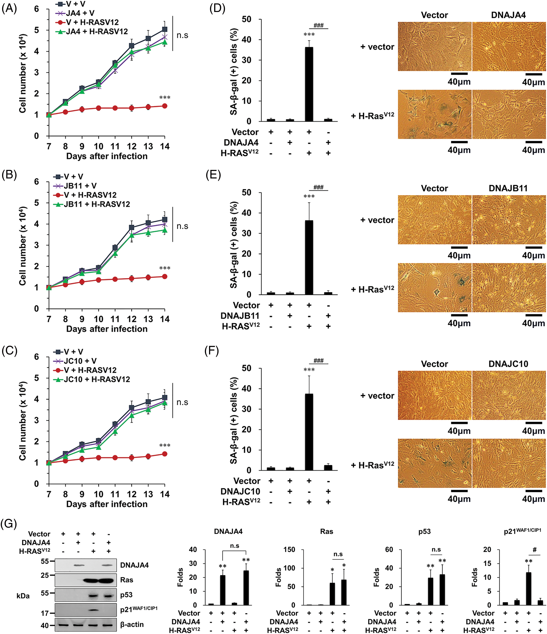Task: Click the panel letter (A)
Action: (x=9, y=8)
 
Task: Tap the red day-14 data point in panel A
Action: (x=164, y=106)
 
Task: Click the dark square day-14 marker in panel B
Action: (x=164, y=219)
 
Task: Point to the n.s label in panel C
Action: (x=182, y=402)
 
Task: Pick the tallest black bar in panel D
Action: (x=309, y=84)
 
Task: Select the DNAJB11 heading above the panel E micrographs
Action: (x=508, y=188)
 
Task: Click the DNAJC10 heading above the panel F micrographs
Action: (x=508, y=364)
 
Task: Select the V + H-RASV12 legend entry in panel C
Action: (x=90, y=370)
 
